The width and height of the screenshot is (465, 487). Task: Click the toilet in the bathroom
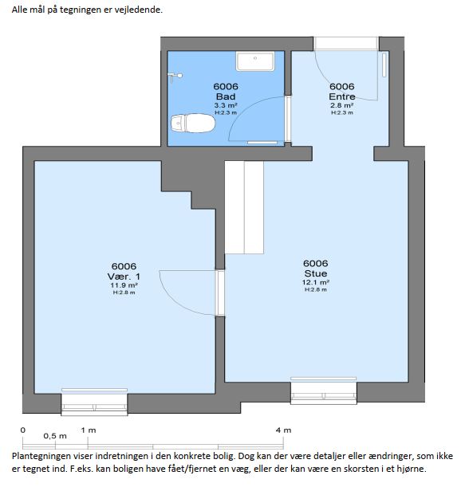[193, 123]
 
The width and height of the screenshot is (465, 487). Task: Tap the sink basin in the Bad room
[255, 61]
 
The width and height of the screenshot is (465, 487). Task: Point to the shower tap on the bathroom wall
[175, 77]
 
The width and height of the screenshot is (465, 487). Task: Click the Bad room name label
[226, 96]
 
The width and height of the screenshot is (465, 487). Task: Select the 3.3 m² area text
[226, 105]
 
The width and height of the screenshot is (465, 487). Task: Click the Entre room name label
[342, 96]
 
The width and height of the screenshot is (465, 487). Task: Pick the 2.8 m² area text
[342, 105]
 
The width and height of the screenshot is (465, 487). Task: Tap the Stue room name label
[316, 273]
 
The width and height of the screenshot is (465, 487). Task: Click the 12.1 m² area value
[316, 282]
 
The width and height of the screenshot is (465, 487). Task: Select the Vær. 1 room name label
[124, 276]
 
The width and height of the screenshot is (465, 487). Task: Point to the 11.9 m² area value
[124, 285]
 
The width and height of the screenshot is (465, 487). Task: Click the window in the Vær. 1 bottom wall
[94, 402]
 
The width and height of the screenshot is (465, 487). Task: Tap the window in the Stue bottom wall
[324, 391]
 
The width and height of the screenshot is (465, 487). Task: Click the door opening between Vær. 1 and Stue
[220, 293]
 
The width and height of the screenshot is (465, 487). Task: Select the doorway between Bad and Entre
[288, 120]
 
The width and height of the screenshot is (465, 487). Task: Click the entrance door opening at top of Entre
[345, 44]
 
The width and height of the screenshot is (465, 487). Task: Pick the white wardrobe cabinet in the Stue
[244, 207]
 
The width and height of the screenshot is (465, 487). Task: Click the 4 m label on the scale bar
[283, 430]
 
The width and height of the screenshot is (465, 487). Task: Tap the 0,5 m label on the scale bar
[55, 436]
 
